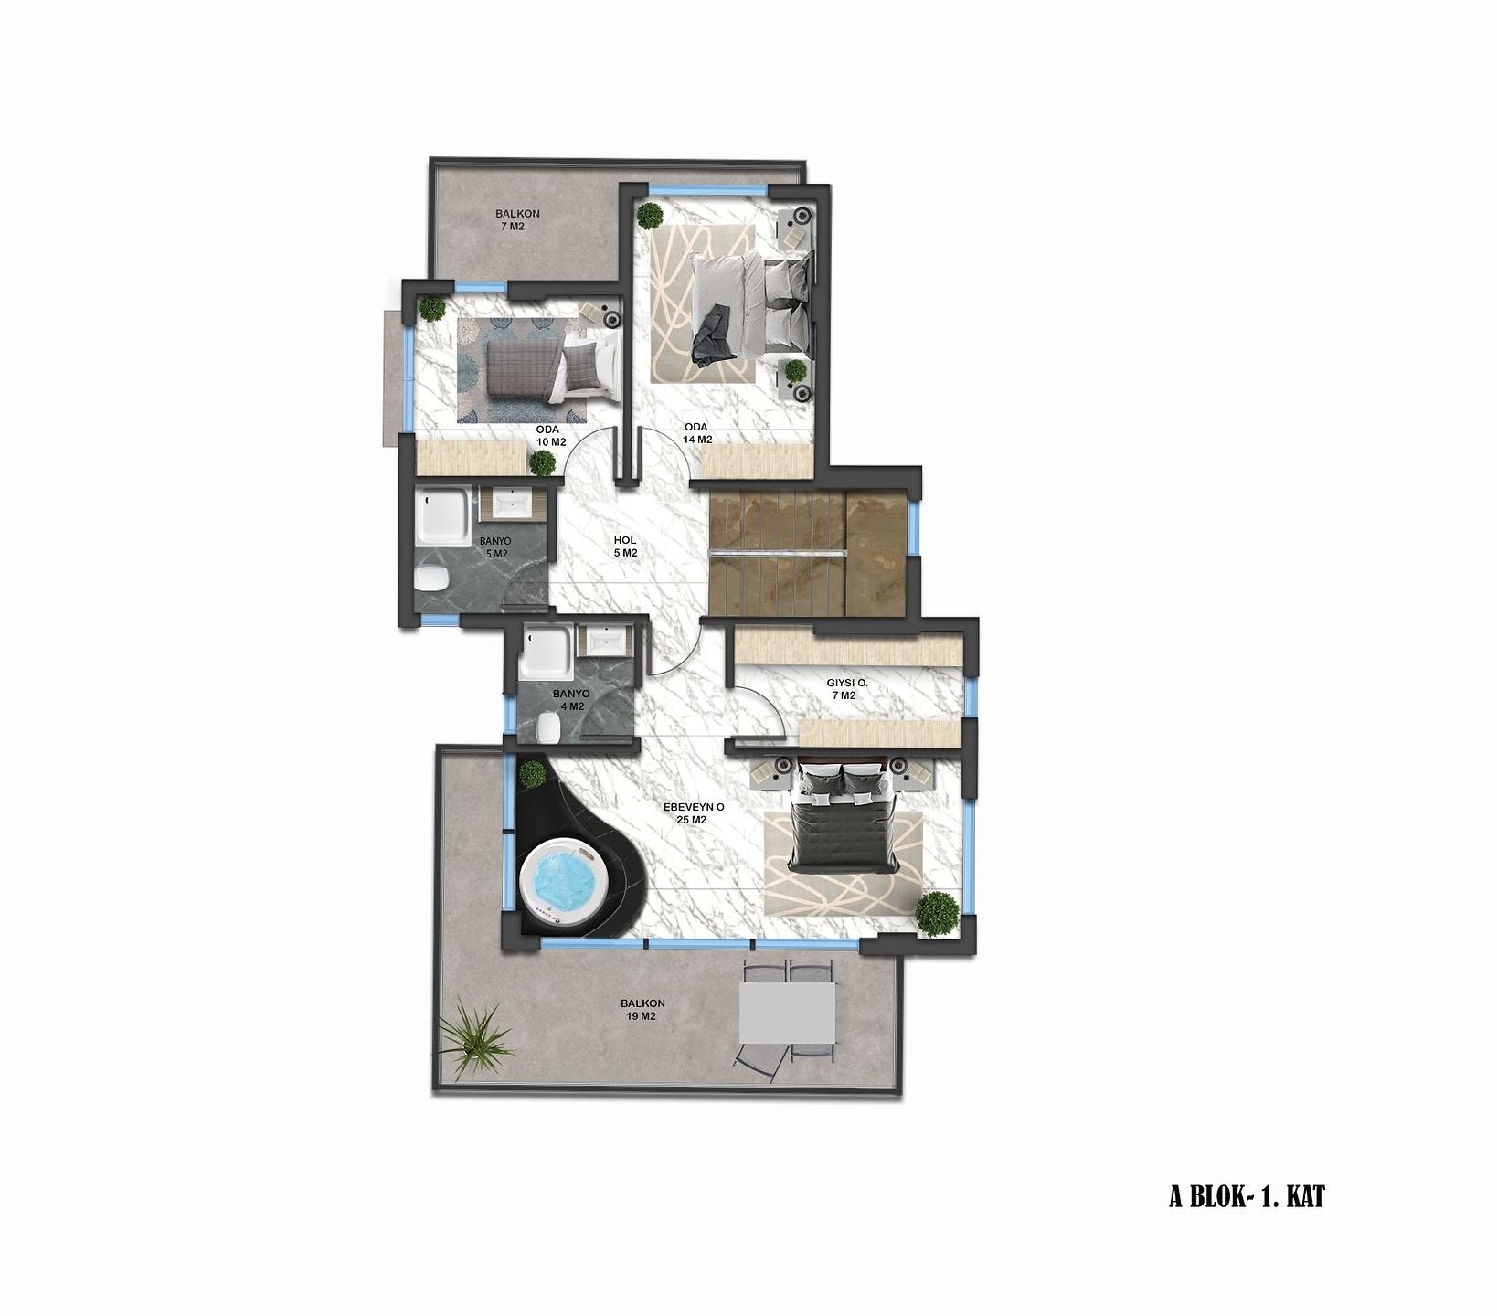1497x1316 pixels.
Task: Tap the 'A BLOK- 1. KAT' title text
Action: (1247, 1196)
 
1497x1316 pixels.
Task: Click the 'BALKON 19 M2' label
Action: (642, 1009)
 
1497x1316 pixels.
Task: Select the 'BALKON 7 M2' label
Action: (517, 219)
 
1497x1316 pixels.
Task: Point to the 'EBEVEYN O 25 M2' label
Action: (694, 813)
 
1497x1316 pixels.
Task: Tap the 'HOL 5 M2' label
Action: (625, 547)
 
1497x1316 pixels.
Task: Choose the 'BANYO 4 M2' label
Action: (571, 699)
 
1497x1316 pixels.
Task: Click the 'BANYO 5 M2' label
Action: (495, 547)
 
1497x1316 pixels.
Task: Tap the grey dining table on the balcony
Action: (787, 1012)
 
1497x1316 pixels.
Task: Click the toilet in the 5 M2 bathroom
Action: (430, 578)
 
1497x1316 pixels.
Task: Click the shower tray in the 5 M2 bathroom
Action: (443, 515)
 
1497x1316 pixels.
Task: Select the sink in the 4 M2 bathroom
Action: (603, 640)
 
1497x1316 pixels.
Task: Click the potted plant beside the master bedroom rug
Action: (938, 913)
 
